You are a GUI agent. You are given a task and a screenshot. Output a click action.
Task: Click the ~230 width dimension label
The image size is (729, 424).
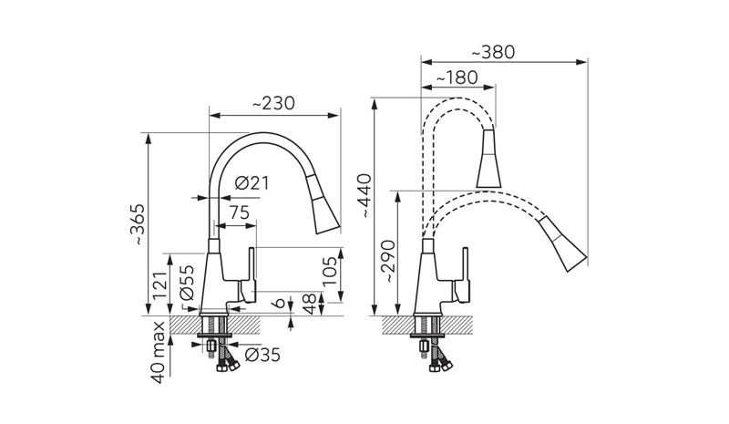pyautogui.click(x=274, y=103)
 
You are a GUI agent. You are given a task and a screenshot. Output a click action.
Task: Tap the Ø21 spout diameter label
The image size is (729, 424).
pyautogui.click(x=252, y=183)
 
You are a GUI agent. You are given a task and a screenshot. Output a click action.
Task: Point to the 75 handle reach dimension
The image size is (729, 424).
pyautogui.click(x=240, y=212)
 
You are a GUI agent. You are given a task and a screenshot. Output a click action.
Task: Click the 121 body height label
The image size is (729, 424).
pyautogui.click(x=159, y=285)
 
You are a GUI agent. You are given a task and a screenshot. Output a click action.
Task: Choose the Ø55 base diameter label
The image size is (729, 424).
pyautogui.click(x=187, y=282)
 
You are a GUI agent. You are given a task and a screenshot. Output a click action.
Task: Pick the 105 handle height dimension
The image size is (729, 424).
pyautogui.click(x=330, y=274)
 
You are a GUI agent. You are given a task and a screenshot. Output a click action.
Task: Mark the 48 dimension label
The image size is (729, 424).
pyautogui.click(x=310, y=303)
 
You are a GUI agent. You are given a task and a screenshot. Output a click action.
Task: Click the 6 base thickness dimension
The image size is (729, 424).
pyautogui.click(x=279, y=303)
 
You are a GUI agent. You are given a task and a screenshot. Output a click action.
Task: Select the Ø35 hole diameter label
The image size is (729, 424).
pyautogui.click(x=262, y=355)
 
